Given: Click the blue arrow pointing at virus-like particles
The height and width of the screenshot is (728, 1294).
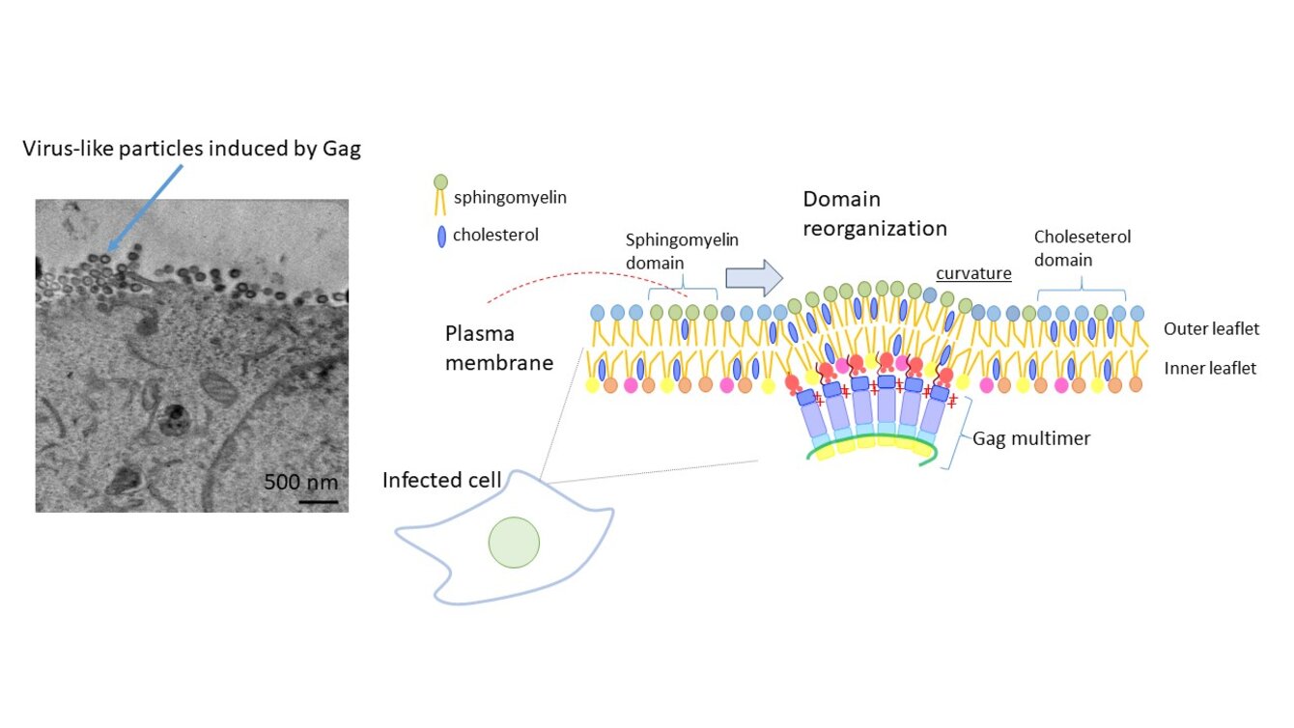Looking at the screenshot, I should (144, 208).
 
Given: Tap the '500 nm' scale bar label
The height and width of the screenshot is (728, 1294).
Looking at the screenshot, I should (300, 482).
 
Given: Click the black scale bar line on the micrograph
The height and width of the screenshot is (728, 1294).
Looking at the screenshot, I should (318, 501).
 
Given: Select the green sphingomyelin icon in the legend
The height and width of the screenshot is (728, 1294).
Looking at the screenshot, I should (440, 182).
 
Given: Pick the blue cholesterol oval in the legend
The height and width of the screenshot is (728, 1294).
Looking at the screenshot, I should (441, 236).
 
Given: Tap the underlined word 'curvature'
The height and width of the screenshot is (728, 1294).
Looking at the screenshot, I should (973, 273).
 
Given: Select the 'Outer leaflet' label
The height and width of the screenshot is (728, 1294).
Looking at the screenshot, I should (1211, 329).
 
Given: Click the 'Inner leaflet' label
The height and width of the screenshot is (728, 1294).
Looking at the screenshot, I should (1210, 368).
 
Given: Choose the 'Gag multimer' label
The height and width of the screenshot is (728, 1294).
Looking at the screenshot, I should (1031, 438).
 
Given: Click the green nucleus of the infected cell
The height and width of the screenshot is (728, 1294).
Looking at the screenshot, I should (514, 542).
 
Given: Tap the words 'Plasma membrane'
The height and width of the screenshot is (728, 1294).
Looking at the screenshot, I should (499, 348).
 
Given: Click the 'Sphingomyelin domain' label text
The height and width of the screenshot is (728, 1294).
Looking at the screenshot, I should (681, 251).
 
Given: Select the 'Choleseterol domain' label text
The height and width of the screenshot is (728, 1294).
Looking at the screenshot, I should (1082, 247).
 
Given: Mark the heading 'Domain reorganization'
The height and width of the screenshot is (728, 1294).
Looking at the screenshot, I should (875, 213).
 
